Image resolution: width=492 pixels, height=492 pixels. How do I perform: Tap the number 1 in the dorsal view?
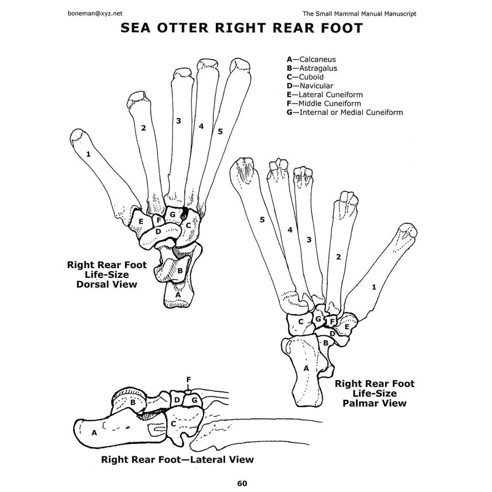tap(89, 154)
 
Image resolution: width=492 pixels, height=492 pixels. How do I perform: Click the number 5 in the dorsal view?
tap(219, 131)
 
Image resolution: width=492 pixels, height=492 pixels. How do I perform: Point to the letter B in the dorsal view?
tap(180, 269)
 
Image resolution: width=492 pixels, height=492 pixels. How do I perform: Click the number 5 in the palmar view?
tap(262, 219)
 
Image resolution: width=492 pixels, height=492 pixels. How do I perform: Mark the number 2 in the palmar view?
tap(337, 256)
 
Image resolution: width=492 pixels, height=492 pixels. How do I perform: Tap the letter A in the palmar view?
tap(306, 367)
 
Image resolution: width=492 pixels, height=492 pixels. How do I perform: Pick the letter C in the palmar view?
tap(301, 321)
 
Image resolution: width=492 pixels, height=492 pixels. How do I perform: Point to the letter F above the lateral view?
tap(188, 380)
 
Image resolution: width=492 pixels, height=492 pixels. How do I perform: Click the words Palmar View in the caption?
tap(374, 403)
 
